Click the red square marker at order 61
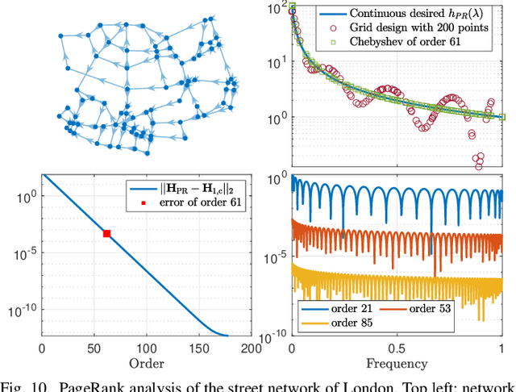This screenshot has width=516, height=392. [x=106, y=233]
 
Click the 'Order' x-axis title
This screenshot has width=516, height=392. [x=147, y=364]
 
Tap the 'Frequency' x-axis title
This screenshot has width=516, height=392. [x=397, y=364]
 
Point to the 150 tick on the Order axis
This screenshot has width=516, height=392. [x=198, y=348]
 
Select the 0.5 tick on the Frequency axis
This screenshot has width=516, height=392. [x=397, y=348]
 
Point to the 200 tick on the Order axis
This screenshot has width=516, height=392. [x=251, y=348]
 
